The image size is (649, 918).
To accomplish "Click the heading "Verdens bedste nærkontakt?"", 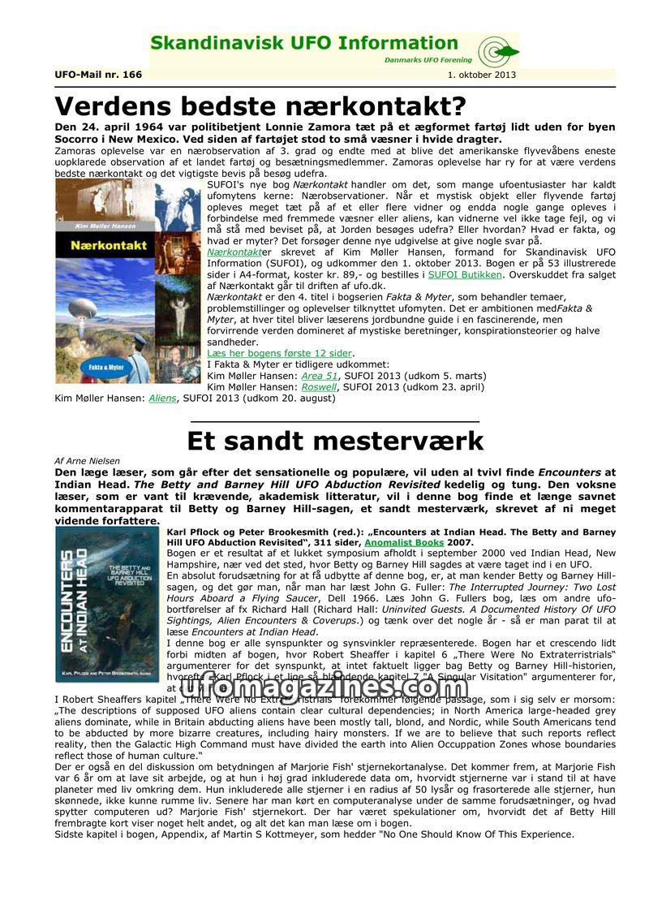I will click(x=260, y=106).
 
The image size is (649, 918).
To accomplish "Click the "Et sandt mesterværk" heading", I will click(x=335, y=441).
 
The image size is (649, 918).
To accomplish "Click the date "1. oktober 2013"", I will click(x=481, y=75).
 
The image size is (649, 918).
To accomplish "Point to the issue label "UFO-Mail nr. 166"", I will click(x=98, y=75).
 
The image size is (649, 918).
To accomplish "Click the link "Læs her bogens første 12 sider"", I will click(x=280, y=353).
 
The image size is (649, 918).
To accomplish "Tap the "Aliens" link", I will click(x=162, y=399).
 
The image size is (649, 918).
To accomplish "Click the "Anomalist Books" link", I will click(x=404, y=542).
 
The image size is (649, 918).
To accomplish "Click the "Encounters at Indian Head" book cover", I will click(x=108, y=604).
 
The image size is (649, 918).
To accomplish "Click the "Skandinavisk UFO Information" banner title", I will click(x=304, y=44).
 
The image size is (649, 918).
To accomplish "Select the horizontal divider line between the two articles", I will click(x=334, y=421).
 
